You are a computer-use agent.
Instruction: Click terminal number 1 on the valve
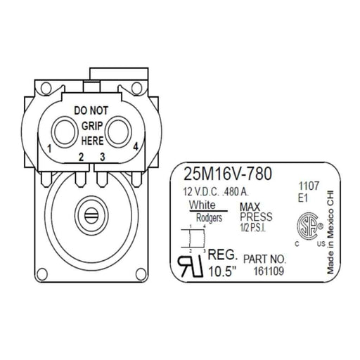tap(49, 148)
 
